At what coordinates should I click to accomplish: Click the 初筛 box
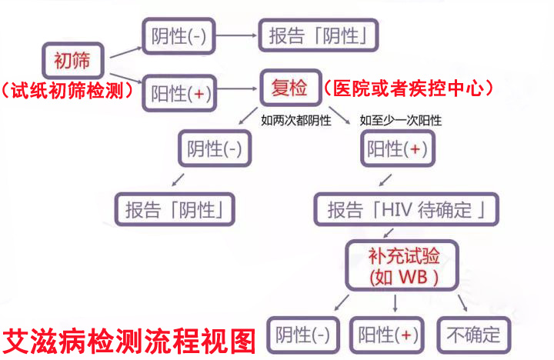pos(73,60)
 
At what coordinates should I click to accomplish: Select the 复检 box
pos(290,88)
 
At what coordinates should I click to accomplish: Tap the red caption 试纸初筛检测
pos(67,91)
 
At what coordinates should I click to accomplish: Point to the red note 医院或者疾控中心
pos(408,88)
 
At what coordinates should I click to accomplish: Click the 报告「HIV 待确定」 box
pos(406,209)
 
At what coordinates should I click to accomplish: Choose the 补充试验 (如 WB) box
pos(402,265)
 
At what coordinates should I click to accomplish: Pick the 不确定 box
pos(474,335)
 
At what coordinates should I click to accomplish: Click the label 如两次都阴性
pos(296,121)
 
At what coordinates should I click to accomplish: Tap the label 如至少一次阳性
pos(401,121)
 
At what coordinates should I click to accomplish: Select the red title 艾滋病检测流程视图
pos(129,342)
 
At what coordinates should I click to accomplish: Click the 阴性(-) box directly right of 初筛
pos(179,36)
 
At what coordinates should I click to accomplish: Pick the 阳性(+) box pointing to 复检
pos(179,93)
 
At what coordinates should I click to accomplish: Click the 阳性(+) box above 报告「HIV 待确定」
pos(398,148)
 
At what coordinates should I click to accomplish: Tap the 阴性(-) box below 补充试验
pos(303,335)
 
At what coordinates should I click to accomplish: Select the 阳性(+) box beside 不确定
pos(387,335)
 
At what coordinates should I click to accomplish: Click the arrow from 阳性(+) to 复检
pos(237,88)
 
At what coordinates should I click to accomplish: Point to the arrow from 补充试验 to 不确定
pos(462,303)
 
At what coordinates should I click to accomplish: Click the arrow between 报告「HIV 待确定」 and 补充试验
pos(389,233)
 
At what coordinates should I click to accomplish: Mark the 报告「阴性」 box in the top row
pos(319,35)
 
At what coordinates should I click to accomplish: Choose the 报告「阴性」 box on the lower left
pos(175,209)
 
